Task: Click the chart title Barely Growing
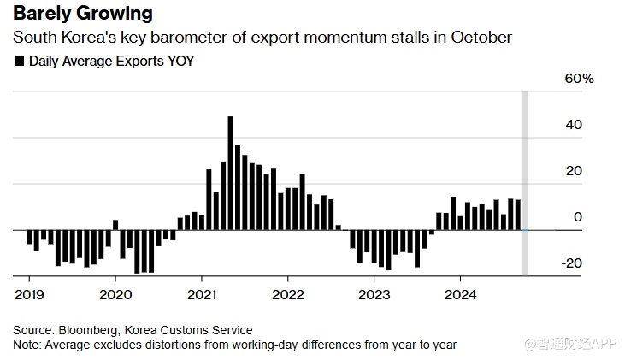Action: (x=83, y=14)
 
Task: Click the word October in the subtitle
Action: (x=482, y=38)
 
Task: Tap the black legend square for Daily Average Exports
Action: (x=20, y=62)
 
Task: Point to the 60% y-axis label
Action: (x=578, y=79)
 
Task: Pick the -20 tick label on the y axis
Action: (x=571, y=263)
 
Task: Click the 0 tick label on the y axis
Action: (x=578, y=217)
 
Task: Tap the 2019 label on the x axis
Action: (x=29, y=295)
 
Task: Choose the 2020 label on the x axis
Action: (x=115, y=295)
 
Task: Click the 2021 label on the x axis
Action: (x=202, y=295)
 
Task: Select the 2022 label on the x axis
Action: (x=288, y=295)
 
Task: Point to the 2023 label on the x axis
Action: (x=374, y=295)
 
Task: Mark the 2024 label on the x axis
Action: (x=461, y=295)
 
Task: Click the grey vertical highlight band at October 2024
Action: (x=525, y=171)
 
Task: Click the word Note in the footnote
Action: (x=26, y=345)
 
